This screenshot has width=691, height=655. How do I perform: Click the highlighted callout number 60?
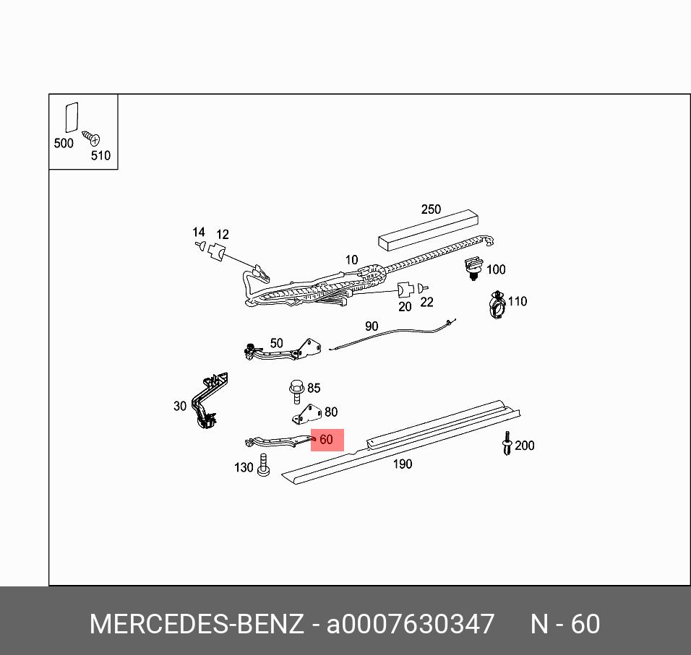pyautogui.click(x=326, y=439)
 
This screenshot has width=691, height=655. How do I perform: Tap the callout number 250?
pyautogui.click(x=431, y=209)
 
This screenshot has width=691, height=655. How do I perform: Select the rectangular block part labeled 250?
pyautogui.click(x=429, y=230)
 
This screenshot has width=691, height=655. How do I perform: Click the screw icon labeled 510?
pyautogui.click(x=91, y=137)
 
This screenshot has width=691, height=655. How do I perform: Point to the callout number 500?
pyautogui.click(x=64, y=143)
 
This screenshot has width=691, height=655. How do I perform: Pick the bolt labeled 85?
pyautogui.click(x=296, y=390)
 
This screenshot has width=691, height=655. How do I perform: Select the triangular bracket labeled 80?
pyautogui.click(x=306, y=415)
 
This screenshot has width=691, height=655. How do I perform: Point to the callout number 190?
pyautogui.click(x=402, y=464)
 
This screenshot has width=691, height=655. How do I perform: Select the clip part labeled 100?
pyautogui.click(x=474, y=267)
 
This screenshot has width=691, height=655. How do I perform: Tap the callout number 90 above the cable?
pyautogui.click(x=371, y=326)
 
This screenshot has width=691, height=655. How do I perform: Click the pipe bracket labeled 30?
pyautogui.click(x=209, y=403)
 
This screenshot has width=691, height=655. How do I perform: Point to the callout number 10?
pyautogui.click(x=351, y=260)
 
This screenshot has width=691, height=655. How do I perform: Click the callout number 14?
pyautogui.click(x=198, y=233)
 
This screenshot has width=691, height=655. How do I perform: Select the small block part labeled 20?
pyautogui.click(x=405, y=290)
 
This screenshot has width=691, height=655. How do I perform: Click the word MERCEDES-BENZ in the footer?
pyautogui.click(x=196, y=624)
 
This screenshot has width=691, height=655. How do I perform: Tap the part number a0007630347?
pyautogui.click(x=411, y=624)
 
